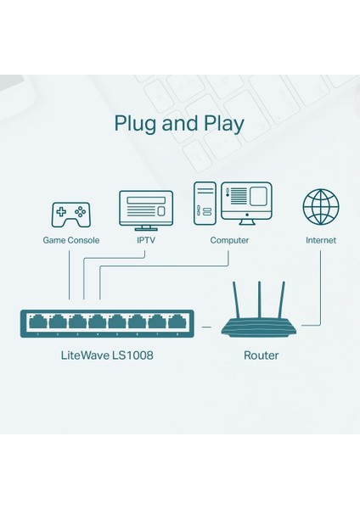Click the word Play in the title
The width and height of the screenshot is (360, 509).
tap(221, 123)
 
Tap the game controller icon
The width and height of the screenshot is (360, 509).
tap(71, 214)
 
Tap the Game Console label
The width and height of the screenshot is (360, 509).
tap(71, 240)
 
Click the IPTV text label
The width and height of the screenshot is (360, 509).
tap(146, 240)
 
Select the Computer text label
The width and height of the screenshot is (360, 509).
tap(229, 240)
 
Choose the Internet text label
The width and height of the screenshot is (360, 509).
tap(320, 240)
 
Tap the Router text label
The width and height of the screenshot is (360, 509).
tap(261, 355)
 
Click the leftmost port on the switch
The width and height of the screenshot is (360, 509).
tap(37, 322)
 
